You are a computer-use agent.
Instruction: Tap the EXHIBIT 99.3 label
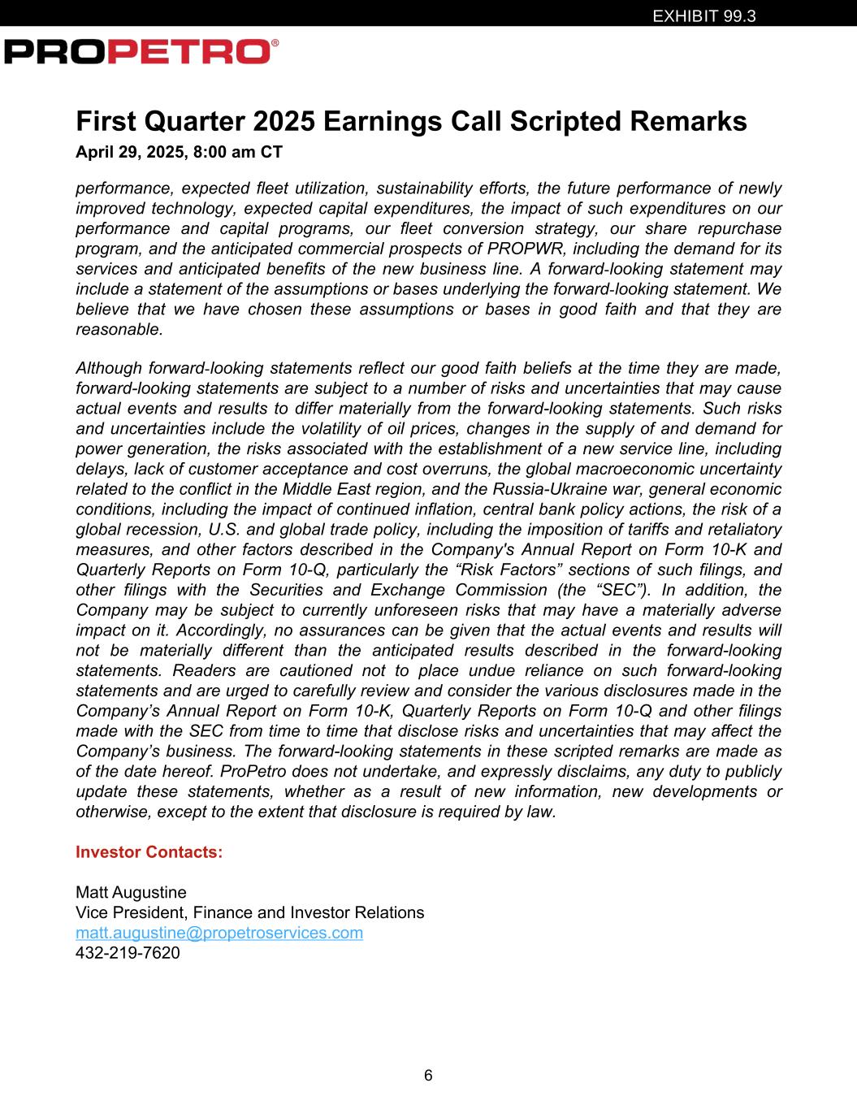(704, 15)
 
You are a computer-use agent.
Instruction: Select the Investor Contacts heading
(149, 852)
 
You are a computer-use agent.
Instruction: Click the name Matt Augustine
(131, 892)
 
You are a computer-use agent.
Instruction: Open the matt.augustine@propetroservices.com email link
(219, 933)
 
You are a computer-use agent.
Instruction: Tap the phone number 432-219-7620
(128, 953)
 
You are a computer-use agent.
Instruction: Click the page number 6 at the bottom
(428, 1076)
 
